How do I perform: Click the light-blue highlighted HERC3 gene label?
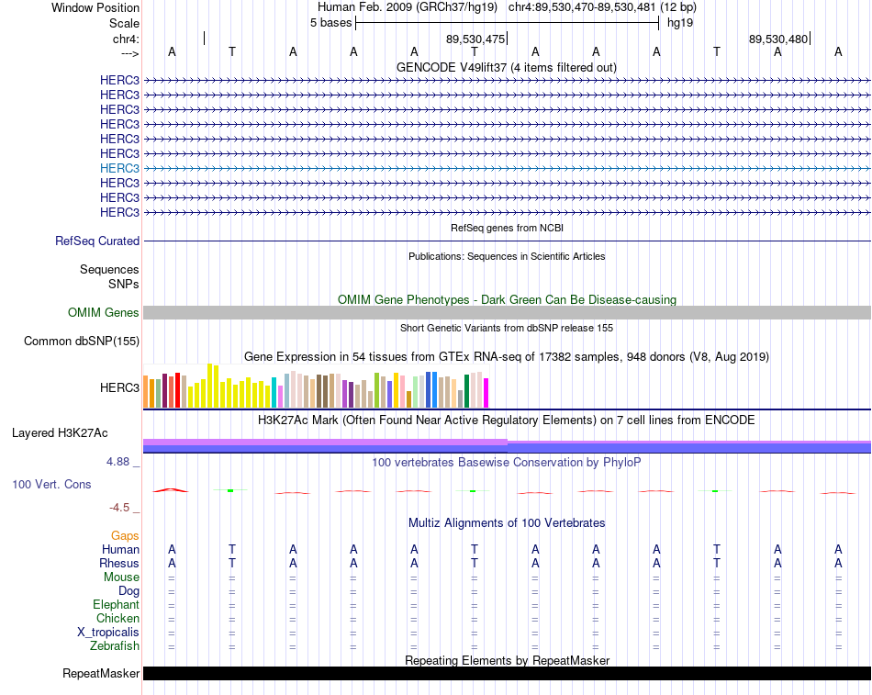(x=119, y=168)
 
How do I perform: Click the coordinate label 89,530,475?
(x=475, y=39)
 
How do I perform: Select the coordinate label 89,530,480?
(x=778, y=39)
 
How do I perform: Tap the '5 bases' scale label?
(x=330, y=23)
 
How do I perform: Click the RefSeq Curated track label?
(x=97, y=241)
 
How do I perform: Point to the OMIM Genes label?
(x=104, y=313)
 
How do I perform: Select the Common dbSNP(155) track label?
(x=82, y=342)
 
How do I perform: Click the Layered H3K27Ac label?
(x=60, y=433)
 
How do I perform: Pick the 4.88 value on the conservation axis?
(x=117, y=461)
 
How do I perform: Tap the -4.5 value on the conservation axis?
(x=119, y=508)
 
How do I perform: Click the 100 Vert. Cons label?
(x=51, y=484)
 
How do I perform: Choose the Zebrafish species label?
(x=115, y=646)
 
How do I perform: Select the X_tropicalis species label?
(x=108, y=633)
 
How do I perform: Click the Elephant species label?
(x=117, y=605)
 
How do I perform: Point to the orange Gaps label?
(x=125, y=536)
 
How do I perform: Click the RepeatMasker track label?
(x=101, y=673)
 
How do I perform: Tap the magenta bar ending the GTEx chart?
(x=486, y=393)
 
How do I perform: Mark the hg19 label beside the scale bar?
(x=680, y=23)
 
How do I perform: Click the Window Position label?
(x=95, y=7)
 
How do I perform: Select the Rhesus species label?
(x=119, y=563)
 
